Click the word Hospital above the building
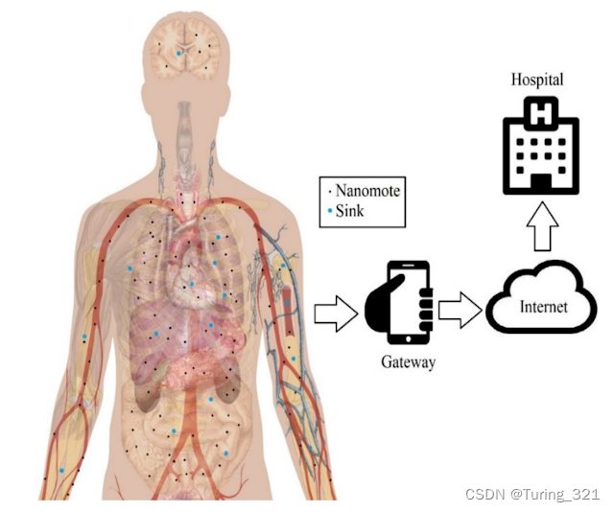[536, 80]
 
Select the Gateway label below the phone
[408, 362]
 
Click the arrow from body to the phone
[330, 313]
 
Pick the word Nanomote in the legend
[368, 191]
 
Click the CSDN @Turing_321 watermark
[531, 494]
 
